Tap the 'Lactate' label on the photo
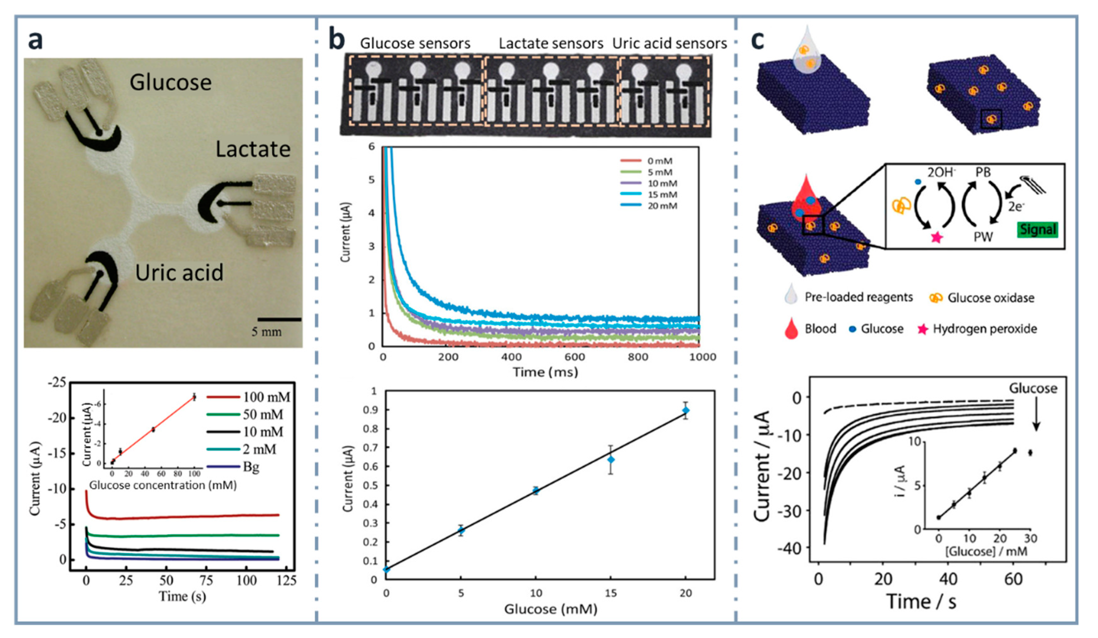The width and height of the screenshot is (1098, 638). pyautogui.click(x=253, y=149)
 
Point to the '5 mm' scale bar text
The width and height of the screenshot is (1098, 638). pyautogui.click(x=266, y=332)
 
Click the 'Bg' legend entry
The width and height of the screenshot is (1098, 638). pyautogui.click(x=251, y=467)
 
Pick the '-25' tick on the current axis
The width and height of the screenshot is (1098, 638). pyautogui.click(x=57, y=383)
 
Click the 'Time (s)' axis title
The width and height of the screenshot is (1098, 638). pyautogui.click(x=182, y=596)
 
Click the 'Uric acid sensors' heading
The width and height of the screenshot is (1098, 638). pyautogui.click(x=669, y=44)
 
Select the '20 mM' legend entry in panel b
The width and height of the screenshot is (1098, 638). pyautogui.click(x=662, y=206)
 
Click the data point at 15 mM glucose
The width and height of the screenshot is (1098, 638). pyautogui.click(x=611, y=460)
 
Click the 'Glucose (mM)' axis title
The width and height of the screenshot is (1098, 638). pyautogui.click(x=550, y=609)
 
